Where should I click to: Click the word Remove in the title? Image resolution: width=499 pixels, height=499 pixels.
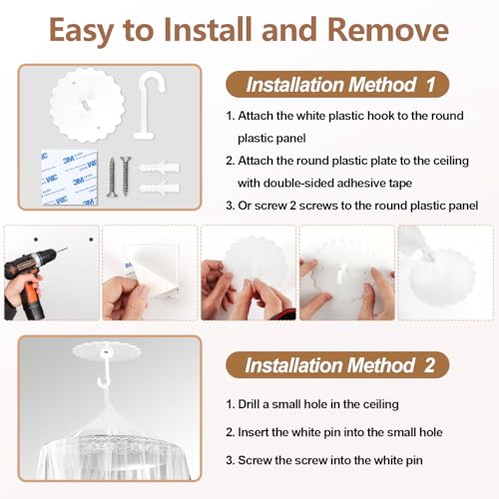coord(388,30)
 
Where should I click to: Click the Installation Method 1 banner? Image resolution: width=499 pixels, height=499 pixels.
coord(337,84)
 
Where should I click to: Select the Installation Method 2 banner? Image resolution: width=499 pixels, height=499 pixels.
coord(337,365)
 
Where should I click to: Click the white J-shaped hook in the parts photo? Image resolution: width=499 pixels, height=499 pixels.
coord(148,107)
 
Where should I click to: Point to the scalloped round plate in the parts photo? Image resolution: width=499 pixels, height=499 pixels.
coord(87,105)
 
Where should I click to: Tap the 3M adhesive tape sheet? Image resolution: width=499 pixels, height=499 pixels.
coord(69,178)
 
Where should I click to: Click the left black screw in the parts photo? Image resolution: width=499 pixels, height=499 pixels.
coord(112,177)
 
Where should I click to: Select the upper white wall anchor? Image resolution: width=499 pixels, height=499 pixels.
coord(160,167)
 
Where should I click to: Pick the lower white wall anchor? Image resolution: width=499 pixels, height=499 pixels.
coord(160,188)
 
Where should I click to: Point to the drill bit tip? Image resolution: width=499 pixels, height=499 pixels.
coord(68,248)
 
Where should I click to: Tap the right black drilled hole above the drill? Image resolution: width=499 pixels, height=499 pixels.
coord(91,240)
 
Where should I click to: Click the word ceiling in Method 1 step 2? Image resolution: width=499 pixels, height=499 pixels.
coord(451,161)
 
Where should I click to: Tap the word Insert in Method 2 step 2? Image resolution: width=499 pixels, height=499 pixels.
coord(252,432)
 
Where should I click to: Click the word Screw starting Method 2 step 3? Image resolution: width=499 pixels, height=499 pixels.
coord(254,460)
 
